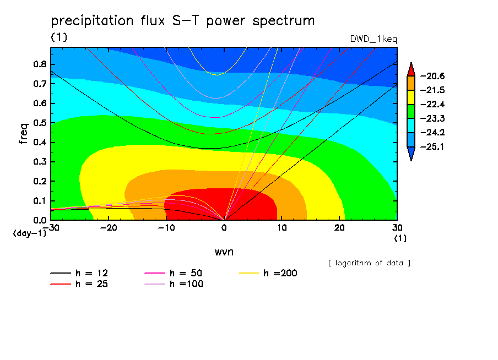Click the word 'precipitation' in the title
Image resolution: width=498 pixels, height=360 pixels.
(x=92, y=21)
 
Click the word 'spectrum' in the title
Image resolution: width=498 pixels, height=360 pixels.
(x=283, y=21)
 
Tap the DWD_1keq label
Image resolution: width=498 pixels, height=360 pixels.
(x=373, y=39)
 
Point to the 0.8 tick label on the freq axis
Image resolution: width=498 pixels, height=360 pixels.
(x=40, y=64)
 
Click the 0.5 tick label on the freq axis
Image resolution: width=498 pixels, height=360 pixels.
(x=40, y=123)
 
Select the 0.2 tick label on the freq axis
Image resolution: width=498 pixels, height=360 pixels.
(x=40, y=181)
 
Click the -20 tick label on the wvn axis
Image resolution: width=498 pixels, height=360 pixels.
(x=109, y=228)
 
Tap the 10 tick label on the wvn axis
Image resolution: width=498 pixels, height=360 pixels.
(x=282, y=228)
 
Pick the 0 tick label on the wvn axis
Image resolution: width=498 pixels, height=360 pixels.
(x=224, y=228)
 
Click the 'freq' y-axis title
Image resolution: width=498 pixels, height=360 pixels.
(x=24, y=134)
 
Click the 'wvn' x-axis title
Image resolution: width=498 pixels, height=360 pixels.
(x=224, y=252)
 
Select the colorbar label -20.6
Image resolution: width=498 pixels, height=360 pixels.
(x=432, y=76)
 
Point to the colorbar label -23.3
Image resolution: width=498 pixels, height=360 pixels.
(x=432, y=119)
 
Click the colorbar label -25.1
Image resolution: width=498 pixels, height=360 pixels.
(x=432, y=146)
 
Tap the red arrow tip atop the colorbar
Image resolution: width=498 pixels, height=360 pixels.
(x=411, y=63)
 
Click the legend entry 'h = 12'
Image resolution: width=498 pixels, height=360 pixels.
(x=79, y=273)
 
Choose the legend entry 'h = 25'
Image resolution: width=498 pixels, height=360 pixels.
(x=79, y=284)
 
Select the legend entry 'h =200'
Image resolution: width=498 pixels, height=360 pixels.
(x=268, y=273)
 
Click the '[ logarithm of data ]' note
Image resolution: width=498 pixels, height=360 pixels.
(x=370, y=263)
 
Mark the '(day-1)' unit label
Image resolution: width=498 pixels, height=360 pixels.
(x=30, y=233)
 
